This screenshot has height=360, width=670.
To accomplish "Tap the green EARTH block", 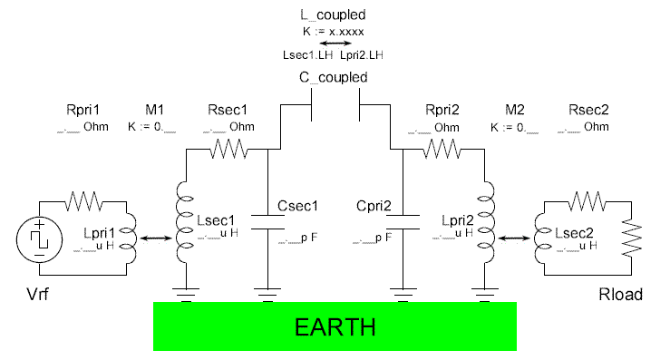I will [335, 326].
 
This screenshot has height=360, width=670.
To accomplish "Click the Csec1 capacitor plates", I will [270, 222].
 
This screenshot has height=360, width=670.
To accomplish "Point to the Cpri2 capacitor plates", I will [402, 222].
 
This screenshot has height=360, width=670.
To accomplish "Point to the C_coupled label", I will [335, 77].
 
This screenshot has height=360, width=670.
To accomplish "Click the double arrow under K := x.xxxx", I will [335, 43].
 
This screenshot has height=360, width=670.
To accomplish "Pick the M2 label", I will [514, 111].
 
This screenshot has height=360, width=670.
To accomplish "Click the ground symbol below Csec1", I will [270, 292].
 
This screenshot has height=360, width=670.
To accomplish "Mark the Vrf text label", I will [34, 296].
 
